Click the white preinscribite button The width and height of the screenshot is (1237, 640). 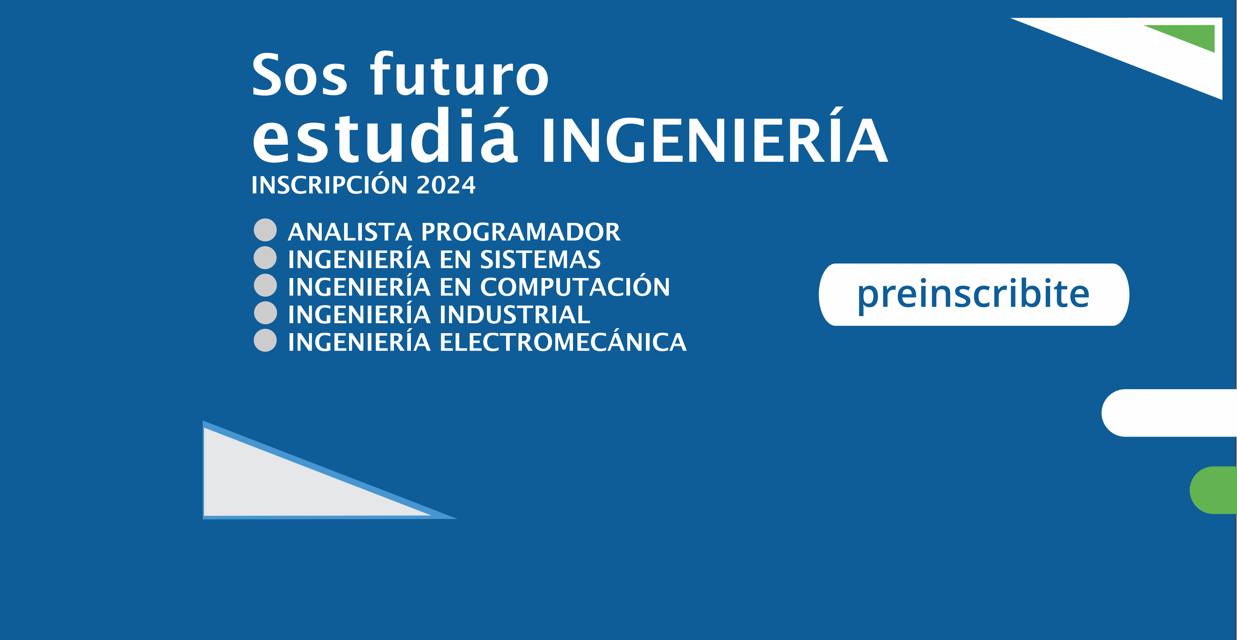click(974, 294)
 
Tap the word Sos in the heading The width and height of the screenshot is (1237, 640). click(299, 74)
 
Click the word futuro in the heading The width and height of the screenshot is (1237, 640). click(459, 73)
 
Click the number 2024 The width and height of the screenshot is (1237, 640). click(446, 185)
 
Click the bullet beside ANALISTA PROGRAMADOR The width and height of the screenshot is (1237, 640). click(265, 230)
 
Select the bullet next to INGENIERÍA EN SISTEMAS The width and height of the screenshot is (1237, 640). click(265, 257)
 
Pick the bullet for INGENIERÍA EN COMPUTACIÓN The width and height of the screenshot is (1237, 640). click(265, 286)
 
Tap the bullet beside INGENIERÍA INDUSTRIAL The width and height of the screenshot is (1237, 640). click(265, 313)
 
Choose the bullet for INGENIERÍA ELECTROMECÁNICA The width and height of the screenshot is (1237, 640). click(265, 341)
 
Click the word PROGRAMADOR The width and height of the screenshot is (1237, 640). click(520, 232)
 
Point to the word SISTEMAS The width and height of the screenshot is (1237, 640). click(540, 260)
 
